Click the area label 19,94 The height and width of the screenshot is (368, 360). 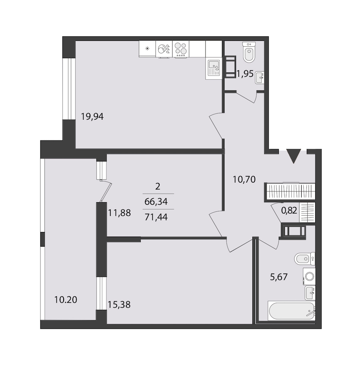coord(92,117)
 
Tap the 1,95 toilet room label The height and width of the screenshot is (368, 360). coord(245,74)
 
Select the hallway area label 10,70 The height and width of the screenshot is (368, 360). coord(244,179)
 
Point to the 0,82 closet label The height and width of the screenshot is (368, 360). coord(289,211)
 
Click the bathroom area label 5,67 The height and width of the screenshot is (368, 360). coord(279,277)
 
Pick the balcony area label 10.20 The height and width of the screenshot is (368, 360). coord(66,300)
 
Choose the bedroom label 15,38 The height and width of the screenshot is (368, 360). coord(119,305)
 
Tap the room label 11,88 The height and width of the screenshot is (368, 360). coord(119,213)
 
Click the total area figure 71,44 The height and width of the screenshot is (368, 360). coord(156,217)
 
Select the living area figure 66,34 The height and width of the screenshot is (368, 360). coord(156,201)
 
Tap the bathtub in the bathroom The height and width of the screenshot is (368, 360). coord(291,311)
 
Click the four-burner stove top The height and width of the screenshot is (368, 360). coord(181,49)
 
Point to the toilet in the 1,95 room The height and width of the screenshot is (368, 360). coord(249,52)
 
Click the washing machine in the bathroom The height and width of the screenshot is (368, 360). coord(309,276)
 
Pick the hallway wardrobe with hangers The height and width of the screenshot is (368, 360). coord(290,192)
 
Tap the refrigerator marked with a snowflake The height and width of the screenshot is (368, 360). coord(147,49)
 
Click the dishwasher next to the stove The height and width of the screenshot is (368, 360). coord(164,49)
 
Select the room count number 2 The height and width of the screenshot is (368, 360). coord(158,187)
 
